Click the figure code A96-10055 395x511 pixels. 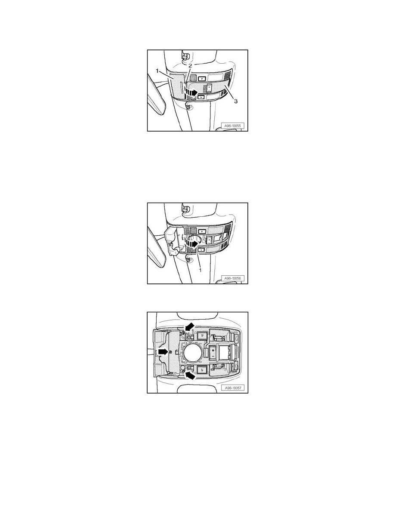tap(232, 126)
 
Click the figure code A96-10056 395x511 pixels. tap(232, 278)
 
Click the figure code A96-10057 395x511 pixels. tap(232, 388)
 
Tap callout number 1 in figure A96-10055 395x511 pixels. tap(157, 71)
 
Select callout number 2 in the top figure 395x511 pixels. tap(191, 65)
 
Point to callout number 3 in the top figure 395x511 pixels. tap(236, 101)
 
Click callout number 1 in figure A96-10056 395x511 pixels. tap(201, 270)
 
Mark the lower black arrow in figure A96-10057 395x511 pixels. tap(190, 376)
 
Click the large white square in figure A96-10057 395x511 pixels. tap(224, 352)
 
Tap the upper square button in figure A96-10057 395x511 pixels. tap(202, 334)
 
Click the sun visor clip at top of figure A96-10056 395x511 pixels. tap(186, 209)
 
